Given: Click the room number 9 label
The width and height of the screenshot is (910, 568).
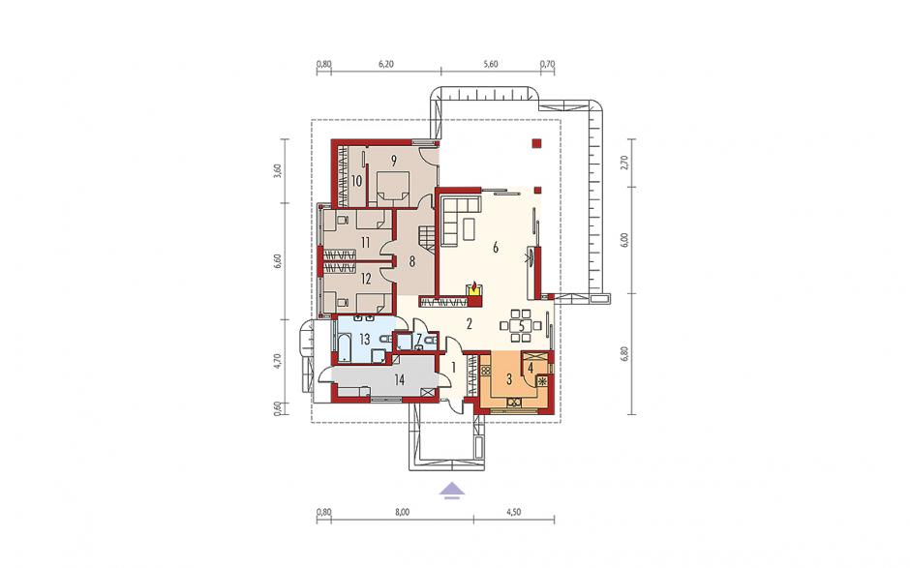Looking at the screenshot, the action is click(x=393, y=162).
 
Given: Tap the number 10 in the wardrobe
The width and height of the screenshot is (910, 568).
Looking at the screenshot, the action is click(x=356, y=181).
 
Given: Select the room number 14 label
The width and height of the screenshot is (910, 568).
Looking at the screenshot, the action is click(x=399, y=380).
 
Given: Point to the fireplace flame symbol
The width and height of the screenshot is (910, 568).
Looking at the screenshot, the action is click(x=475, y=285).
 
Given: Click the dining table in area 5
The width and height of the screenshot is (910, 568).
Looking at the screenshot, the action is click(x=521, y=325).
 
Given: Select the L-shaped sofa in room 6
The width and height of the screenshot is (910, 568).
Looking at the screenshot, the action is click(x=460, y=220).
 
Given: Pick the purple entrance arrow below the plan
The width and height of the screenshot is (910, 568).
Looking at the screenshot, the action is click(x=452, y=491).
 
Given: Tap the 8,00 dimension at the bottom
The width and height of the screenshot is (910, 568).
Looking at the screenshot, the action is click(x=402, y=512).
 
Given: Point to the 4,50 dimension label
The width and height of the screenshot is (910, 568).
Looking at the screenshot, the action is click(x=513, y=512).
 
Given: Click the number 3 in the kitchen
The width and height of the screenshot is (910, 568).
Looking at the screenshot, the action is click(x=509, y=380).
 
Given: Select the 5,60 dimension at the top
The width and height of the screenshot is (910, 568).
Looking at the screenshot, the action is click(x=491, y=65).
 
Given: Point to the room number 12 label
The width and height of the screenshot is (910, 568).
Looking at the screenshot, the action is click(x=366, y=279).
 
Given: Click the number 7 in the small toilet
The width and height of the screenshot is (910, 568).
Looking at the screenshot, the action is click(x=419, y=339).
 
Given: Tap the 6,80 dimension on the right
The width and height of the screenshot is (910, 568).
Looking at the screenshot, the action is click(x=624, y=354).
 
